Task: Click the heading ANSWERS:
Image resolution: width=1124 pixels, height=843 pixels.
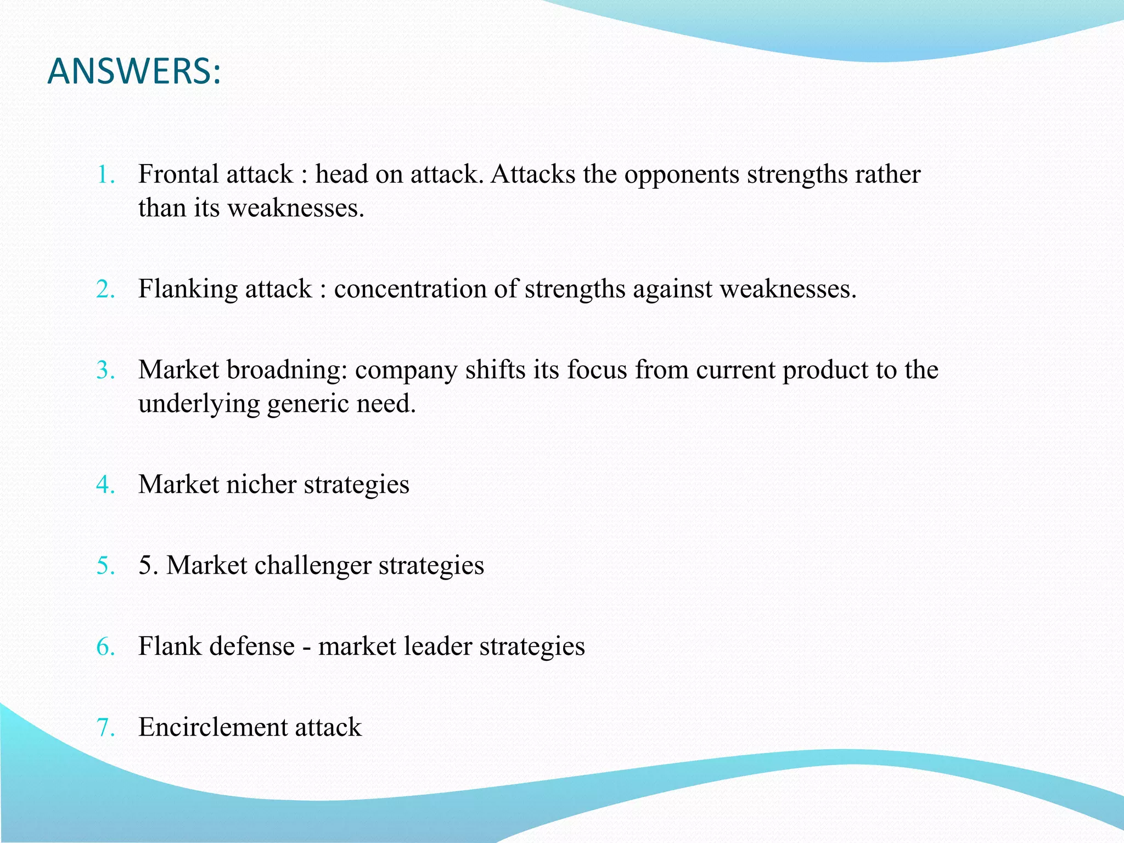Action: pos(134,72)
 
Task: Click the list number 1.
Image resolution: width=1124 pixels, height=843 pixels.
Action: pos(105,175)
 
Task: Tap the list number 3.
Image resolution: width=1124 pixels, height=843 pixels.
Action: pos(105,370)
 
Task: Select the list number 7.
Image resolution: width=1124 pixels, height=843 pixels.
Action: pos(105,728)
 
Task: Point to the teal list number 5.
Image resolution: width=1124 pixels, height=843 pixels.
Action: pos(105,566)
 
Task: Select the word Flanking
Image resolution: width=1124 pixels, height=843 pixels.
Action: pos(187,289)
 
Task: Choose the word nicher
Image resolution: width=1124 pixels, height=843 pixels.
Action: pos(261,485)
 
